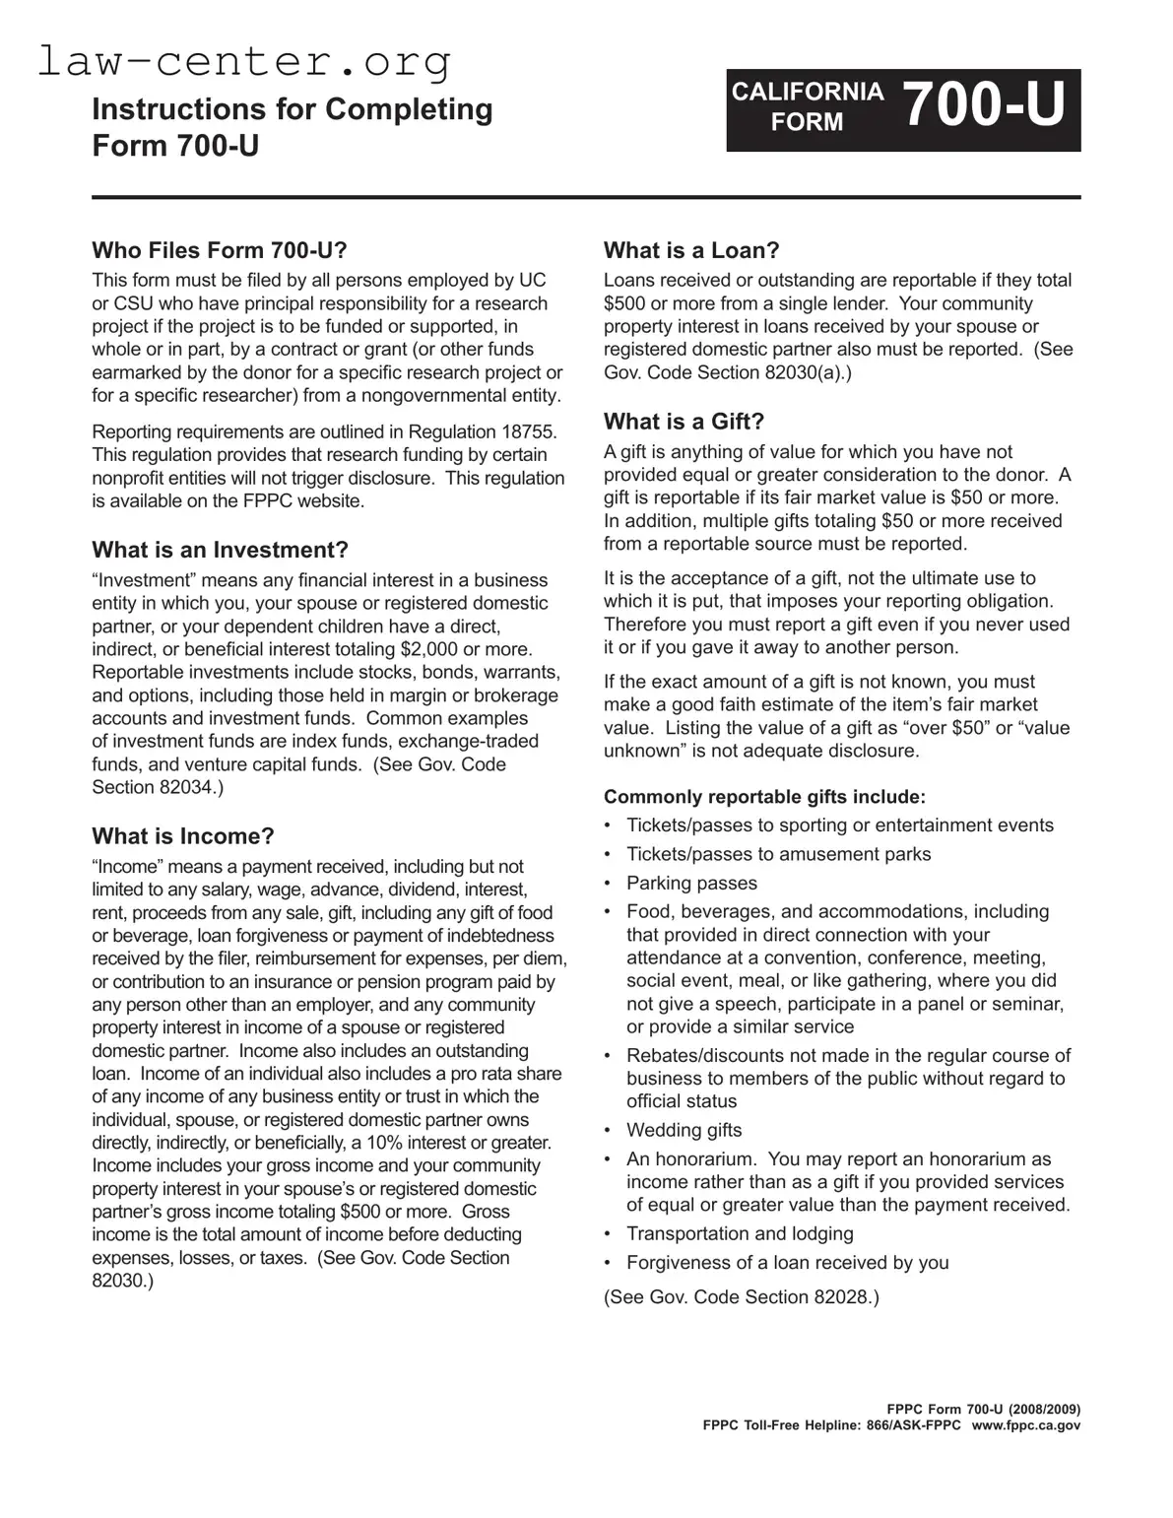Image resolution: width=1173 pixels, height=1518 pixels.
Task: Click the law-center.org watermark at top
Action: click(244, 62)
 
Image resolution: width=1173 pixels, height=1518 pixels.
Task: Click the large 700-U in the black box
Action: click(984, 105)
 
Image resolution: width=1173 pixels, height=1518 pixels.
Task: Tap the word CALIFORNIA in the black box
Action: click(808, 92)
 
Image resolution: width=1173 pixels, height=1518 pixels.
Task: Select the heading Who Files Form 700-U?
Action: click(220, 250)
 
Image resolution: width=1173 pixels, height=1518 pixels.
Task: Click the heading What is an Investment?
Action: click(220, 550)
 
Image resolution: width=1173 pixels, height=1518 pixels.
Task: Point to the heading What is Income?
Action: click(183, 836)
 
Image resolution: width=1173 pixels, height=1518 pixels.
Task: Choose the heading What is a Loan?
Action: click(691, 250)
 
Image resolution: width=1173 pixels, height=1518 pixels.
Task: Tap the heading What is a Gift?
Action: click(684, 422)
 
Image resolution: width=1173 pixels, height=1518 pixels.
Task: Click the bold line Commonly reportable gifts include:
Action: click(764, 797)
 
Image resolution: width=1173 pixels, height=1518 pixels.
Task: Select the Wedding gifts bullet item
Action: click(684, 1130)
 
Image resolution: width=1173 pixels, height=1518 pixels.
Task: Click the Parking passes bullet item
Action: click(691, 883)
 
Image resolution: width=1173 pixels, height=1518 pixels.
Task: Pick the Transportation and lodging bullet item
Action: click(740, 1233)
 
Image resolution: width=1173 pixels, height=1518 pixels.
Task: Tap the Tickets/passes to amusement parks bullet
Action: click(778, 854)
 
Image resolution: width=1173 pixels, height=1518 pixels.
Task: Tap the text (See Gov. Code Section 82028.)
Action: click(741, 1296)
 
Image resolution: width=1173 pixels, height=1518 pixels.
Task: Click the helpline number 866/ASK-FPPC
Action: click(909, 1425)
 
